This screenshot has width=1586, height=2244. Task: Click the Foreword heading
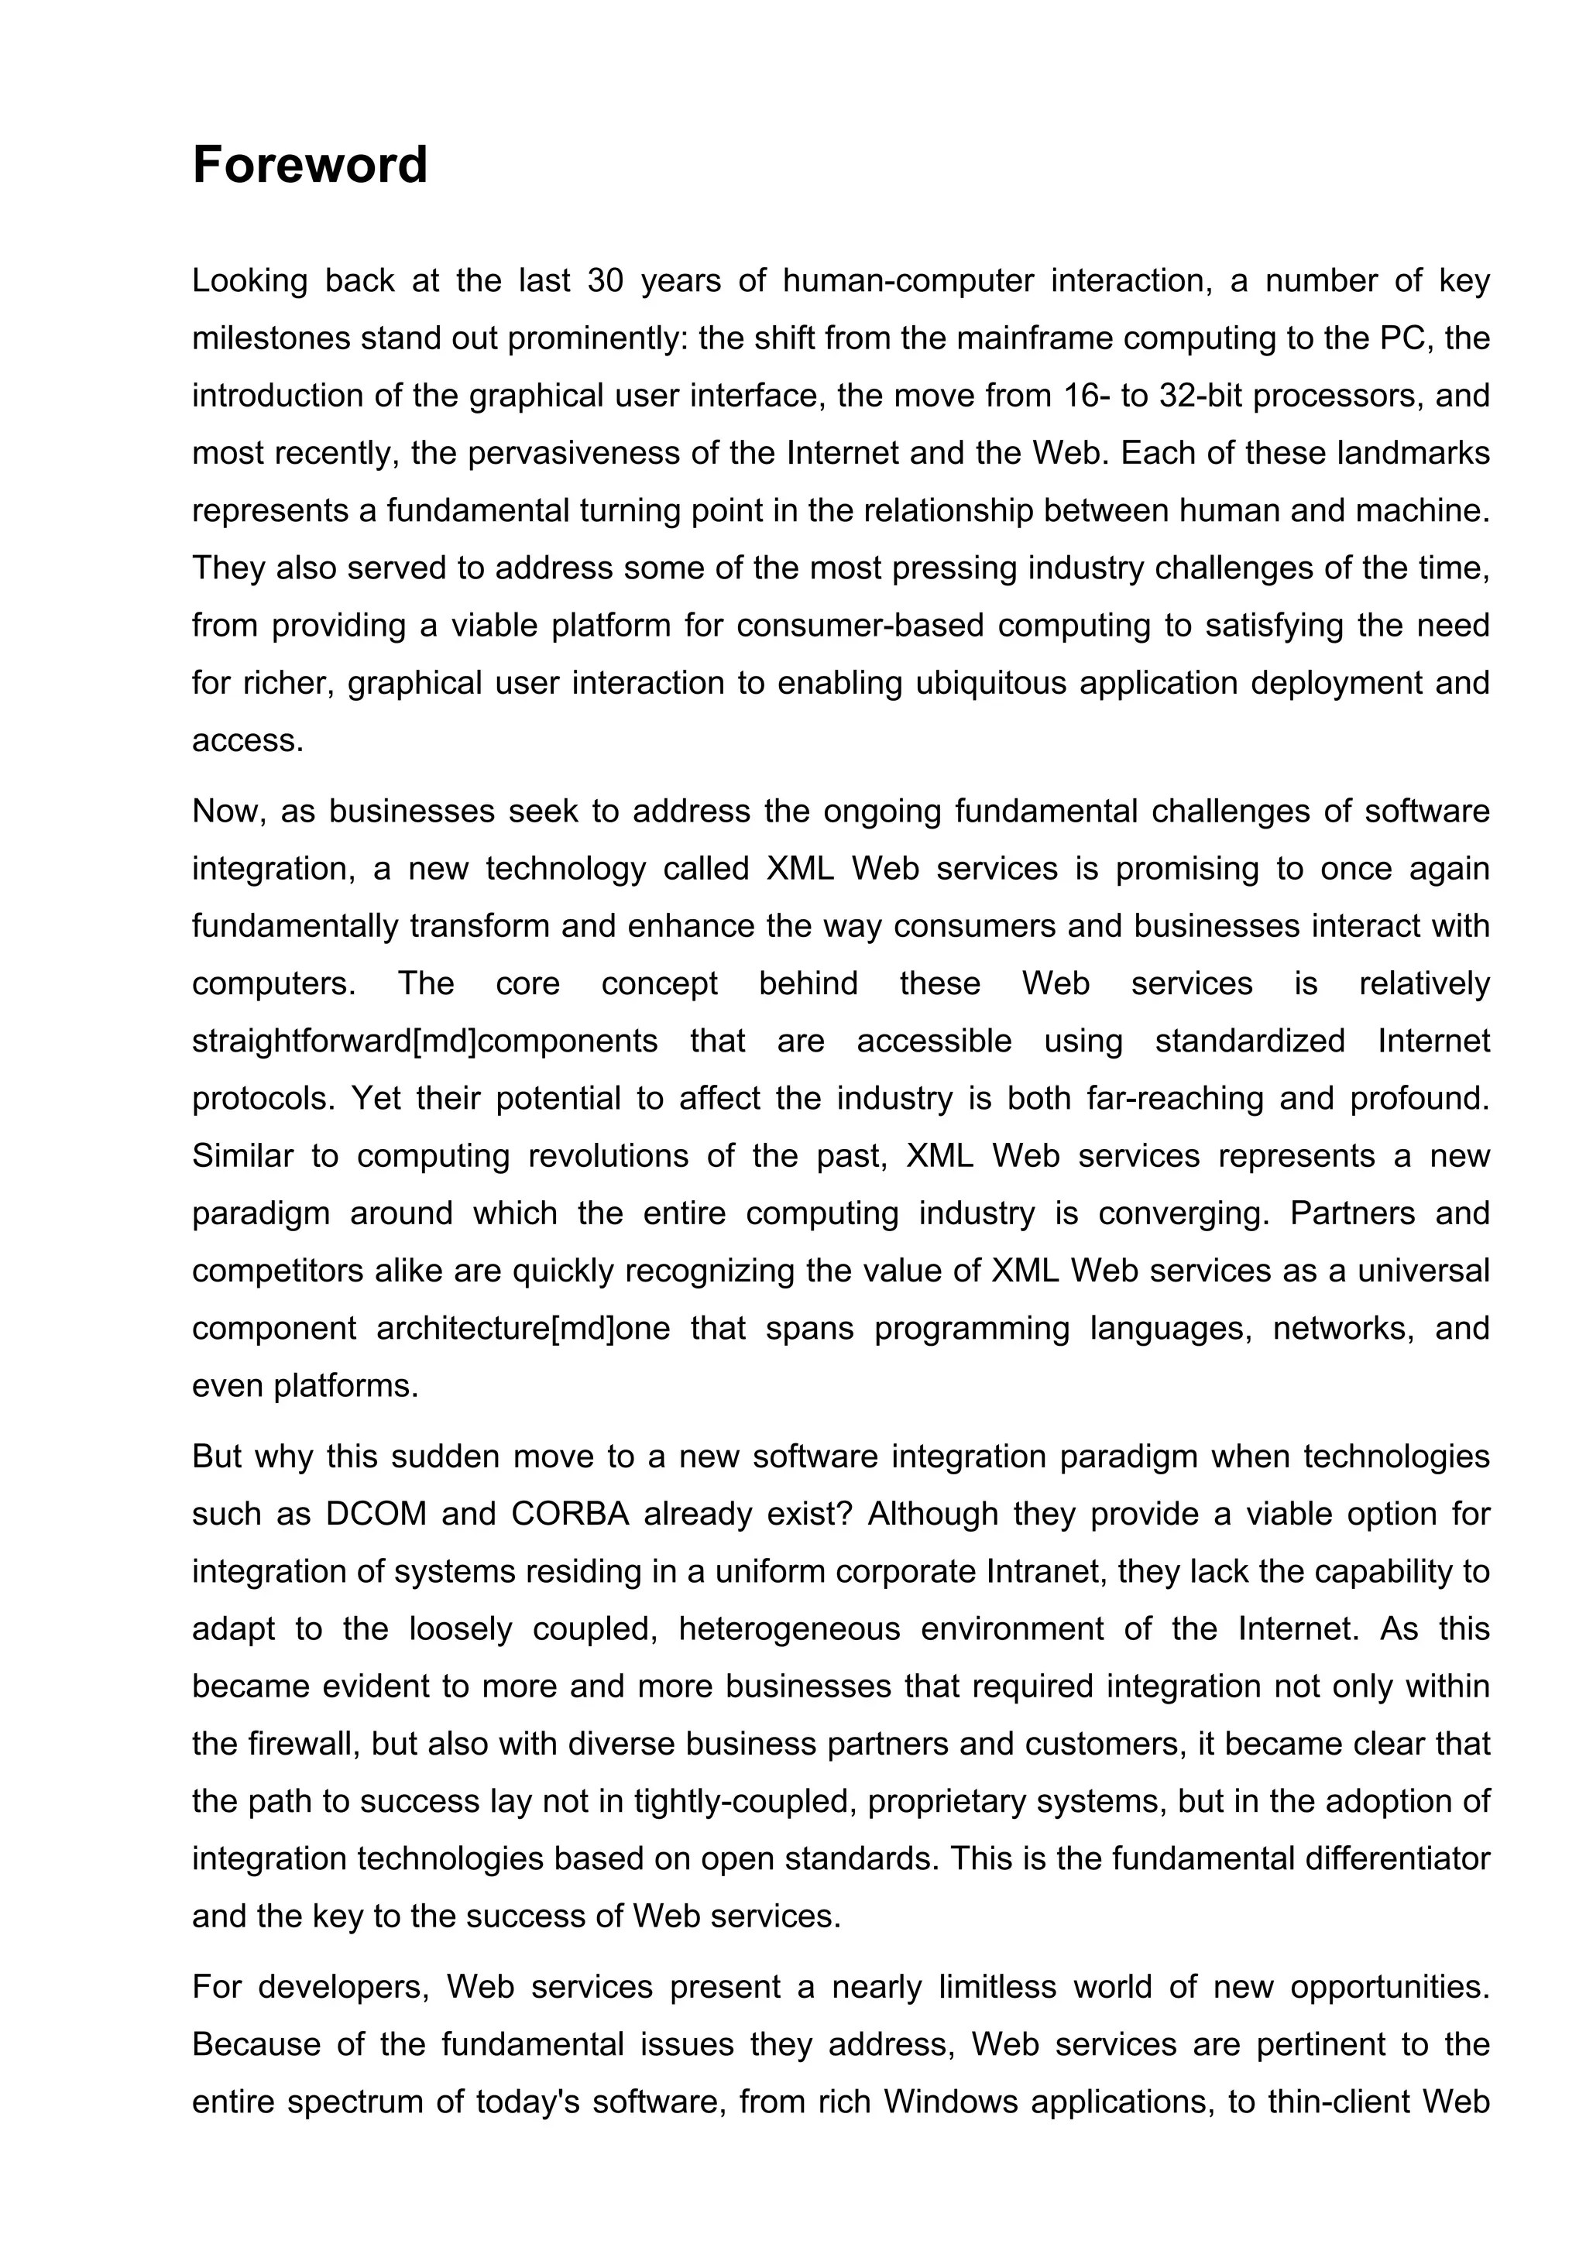[x=310, y=164]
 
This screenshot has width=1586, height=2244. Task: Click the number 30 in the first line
[x=606, y=282]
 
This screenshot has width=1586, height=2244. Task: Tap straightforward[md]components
[x=424, y=1041]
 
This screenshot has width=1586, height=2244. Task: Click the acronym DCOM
[x=376, y=1514]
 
